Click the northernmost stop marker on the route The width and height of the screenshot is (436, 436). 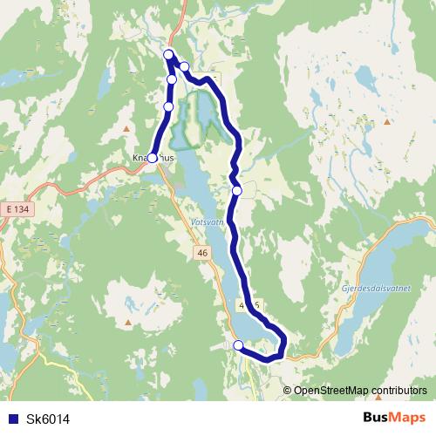167,55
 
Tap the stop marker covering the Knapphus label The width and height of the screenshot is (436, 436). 152,158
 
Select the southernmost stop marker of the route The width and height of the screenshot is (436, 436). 237,345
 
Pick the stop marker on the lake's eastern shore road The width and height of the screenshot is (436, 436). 236,190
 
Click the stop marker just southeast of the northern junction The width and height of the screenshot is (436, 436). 184,66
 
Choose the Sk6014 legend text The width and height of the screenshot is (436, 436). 48,419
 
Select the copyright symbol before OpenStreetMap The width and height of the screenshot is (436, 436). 287,391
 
